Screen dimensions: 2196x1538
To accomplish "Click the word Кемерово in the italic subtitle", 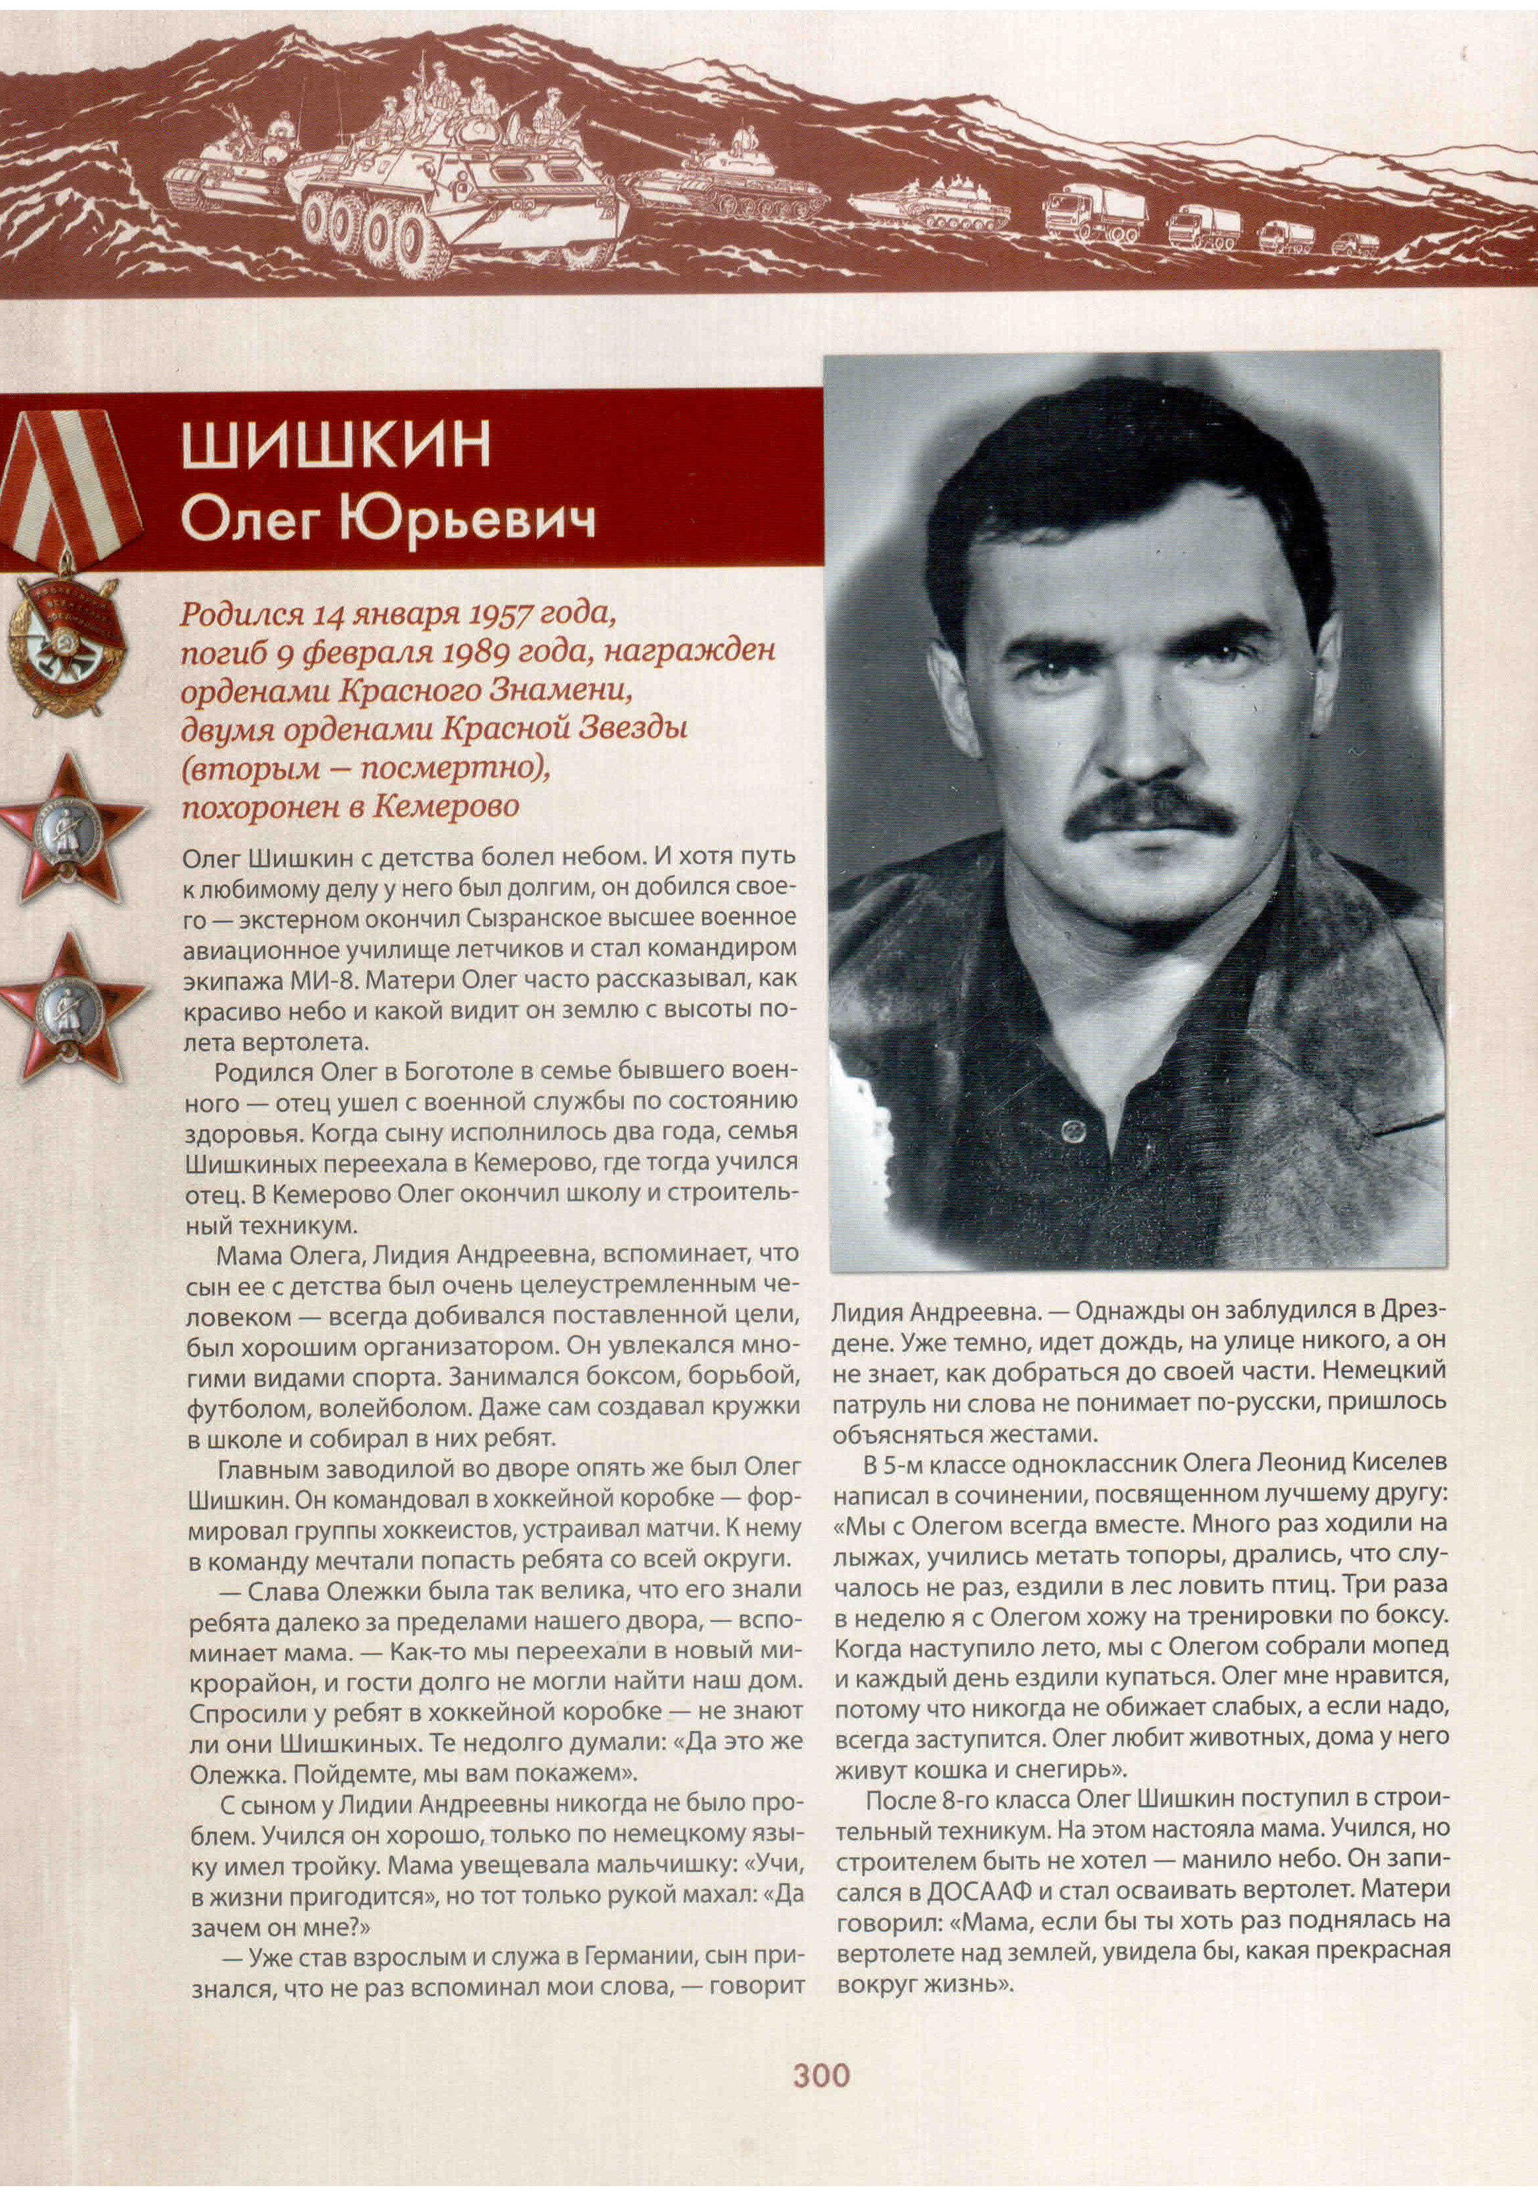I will (446, 806).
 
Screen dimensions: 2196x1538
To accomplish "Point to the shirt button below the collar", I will (1072, 1132).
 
